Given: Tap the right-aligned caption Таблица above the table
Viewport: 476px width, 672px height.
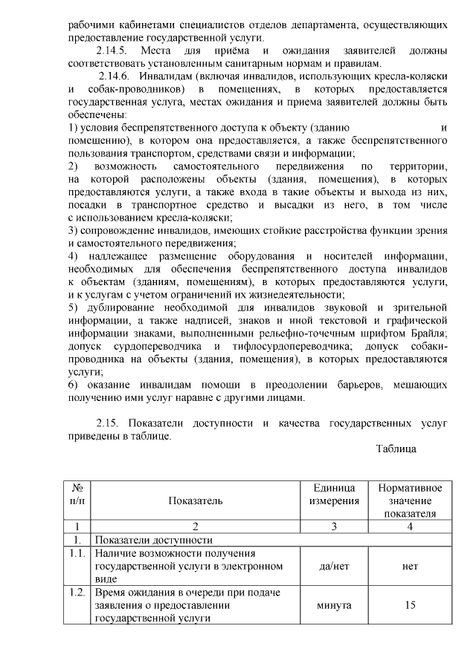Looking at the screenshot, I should (396, 448).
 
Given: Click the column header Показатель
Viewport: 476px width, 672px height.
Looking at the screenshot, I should (196, 501).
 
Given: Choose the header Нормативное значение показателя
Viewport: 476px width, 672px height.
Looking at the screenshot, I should (410, 501).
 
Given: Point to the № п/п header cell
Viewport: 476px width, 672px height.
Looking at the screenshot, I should (77, 495).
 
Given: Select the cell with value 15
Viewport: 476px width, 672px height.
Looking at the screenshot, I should (410, 605).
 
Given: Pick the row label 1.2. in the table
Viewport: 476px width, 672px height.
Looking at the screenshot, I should (77, 593).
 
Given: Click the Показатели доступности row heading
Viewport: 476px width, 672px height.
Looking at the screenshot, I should (153, 540).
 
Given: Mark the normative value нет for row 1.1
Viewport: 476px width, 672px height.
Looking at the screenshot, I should (410, 567).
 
